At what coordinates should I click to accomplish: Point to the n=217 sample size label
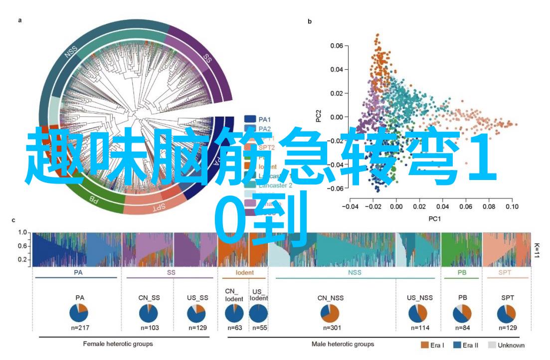tap(79, 328)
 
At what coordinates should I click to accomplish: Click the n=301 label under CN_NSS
tap(329, 328)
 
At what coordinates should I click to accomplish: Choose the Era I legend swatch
tap(425, 345)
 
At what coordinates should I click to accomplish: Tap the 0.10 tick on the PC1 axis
tap(511, 205)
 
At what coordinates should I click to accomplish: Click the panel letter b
tap(310, 21)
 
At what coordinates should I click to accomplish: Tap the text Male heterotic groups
tap(343, 344)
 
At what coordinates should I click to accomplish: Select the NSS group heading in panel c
tap(355, 273)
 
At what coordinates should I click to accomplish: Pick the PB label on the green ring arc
tap(93, 198)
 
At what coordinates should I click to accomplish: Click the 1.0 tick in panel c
tap(22, 233)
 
